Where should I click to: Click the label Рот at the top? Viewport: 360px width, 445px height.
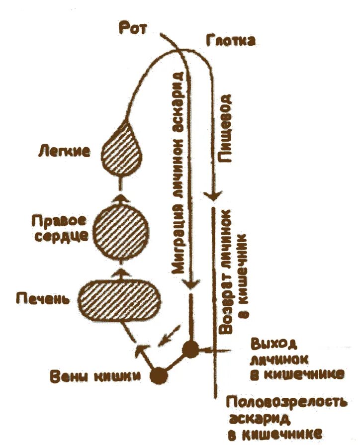click(133, 27)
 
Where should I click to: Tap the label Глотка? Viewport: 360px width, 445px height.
click(230, 40)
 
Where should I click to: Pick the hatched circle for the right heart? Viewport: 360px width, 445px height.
click(121, 231)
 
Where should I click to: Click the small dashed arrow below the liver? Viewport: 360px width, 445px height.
click(167, 336)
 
